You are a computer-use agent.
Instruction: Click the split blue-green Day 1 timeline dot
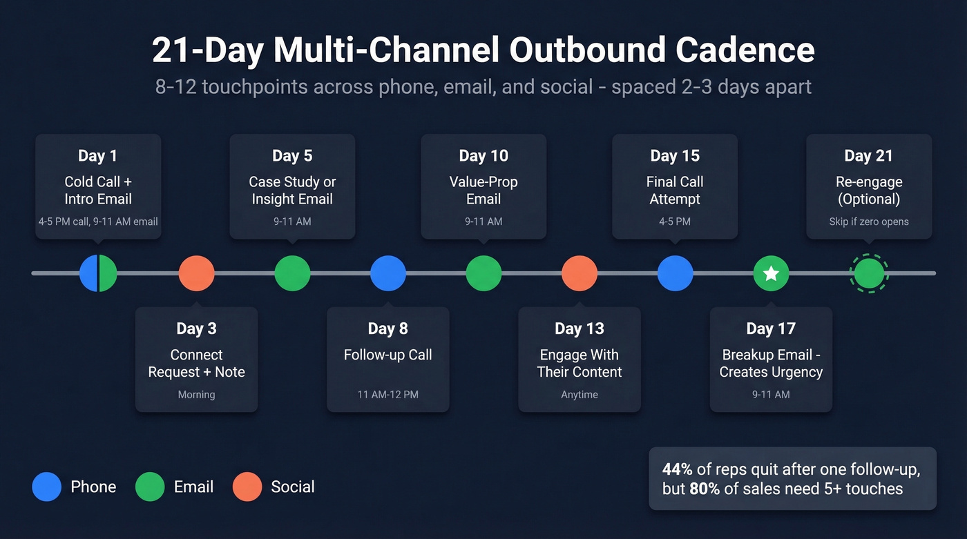[98, 273]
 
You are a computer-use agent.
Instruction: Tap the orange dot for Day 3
[197, 273]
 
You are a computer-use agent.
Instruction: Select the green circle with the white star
[771, 274]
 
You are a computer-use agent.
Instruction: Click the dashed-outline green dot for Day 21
[869, 274]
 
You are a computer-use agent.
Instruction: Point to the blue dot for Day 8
[388, 273]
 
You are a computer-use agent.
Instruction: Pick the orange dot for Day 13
[580, 273]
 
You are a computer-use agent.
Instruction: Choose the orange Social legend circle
[247, 487]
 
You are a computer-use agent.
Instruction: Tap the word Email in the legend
[193, 487]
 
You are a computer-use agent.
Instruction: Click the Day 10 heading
[483, 156]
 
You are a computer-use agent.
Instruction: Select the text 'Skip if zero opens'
[869, 222]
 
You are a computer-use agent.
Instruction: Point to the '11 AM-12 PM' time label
[388, 395]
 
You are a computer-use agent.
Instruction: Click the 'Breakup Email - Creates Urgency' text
[771, 364]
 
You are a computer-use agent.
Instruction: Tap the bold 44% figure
[678, 469]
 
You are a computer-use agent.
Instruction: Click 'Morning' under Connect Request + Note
[197, 395]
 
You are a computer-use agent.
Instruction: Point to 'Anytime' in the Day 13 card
[580, 395]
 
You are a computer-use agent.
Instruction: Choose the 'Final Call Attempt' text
[675, 190]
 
